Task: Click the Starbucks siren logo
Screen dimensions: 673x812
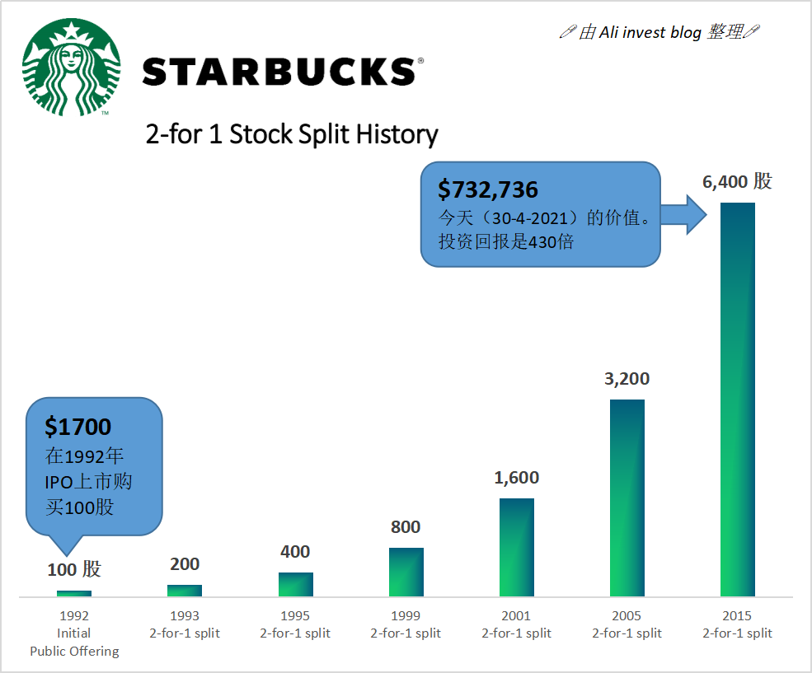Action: click(x=71, y=68)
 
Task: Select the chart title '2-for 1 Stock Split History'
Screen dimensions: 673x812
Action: click(x=292, y=134)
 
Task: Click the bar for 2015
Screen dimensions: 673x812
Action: click(x=738, y=400)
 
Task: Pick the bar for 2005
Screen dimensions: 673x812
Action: click(x=627, y=498)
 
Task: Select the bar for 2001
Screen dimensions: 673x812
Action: click(x=517, y=547)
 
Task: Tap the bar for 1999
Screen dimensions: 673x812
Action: click(x=406, y=572)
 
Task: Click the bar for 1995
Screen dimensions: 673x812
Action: click(x=295, y=584)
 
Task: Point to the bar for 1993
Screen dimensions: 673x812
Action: click(x=185, y=591)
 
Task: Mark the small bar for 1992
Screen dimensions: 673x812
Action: click(x=74, y=593)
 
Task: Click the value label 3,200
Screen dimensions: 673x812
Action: click(x=627, y=379)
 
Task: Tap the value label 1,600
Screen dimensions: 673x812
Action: click(x=517, y=478)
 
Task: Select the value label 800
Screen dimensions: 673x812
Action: click(x=406, y=527)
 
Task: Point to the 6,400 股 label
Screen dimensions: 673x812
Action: click(x=737, y=182)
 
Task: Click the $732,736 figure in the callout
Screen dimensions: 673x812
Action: click(x=488, y=190)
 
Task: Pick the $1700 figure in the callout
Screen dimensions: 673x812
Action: click(x=77, y=426)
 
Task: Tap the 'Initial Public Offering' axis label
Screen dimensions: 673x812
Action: click(x=74, y=643)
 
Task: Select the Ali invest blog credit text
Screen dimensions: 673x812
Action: click(x=659, y=32)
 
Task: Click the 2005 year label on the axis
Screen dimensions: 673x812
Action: click(x=627, y=615)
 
